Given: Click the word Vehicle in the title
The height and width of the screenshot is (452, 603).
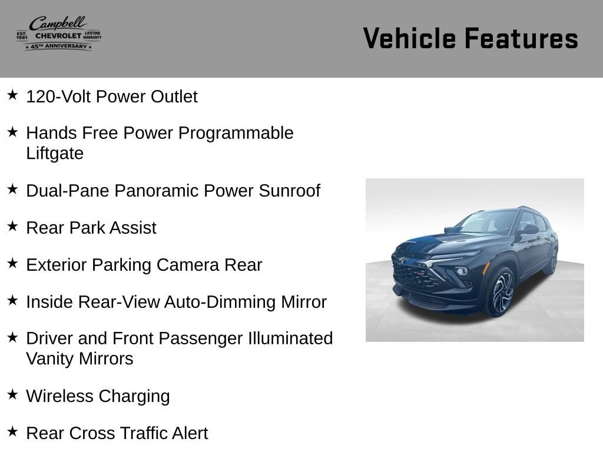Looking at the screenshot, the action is pyautogui.click(x=410, y=38).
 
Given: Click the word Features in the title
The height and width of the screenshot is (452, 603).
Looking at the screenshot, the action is pyautogui.click(x=522, y=38).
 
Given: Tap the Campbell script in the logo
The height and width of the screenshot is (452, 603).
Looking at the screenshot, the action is pyautogui.click(x=58, y=24).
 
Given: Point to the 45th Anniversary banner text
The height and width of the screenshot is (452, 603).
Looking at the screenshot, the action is pyautogui.click(x=58, y=46).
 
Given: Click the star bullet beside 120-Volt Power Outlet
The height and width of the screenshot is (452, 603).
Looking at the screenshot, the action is pyautogui.click(x=12, y=95).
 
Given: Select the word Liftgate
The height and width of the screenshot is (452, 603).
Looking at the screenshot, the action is pyautogui.click(x=55, y=154).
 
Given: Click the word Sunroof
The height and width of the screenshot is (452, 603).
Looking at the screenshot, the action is pyautogui.click(x=289, y=191).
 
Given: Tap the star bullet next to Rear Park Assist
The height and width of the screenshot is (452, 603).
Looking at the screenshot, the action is pyautogui.click(x=12, y=226).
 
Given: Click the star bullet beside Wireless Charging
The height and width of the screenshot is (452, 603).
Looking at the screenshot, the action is pyautogui.click(x=12, y=394).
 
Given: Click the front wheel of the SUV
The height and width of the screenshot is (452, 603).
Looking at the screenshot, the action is pyautogui.click(x=501, y=292).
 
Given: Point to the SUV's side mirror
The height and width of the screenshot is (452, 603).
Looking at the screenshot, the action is pyautogui.click(x=529, y=230).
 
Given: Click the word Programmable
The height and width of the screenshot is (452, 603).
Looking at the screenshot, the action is pyautogui.click(x=236, y=134).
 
